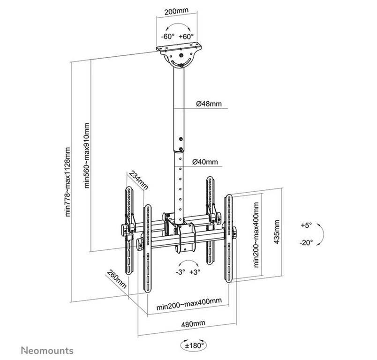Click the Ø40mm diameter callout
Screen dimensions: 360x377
click(x=205, y=162)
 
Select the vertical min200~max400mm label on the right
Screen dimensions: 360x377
click(x=256, y=234)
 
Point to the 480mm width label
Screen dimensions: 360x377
click(x=194, y=323)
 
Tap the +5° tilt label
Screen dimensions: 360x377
click(x=306, y=225)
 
